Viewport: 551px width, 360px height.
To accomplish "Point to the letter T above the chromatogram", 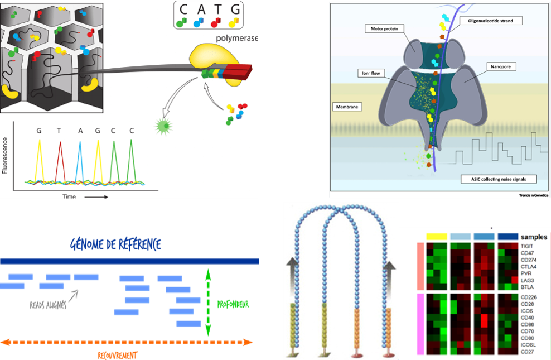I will [x=59, y=131].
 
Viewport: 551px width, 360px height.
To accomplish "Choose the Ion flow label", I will [x=370, y=73].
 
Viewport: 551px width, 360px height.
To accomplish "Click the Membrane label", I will [x=346, y=106].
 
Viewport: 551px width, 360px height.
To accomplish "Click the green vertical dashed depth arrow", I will [x=208, y=303].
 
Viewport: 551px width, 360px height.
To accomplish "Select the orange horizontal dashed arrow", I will [x=127, y=342].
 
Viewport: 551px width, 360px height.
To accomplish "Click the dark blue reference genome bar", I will [x=129, y=261].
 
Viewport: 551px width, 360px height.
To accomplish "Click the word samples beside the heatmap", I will [x=534, y=237].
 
